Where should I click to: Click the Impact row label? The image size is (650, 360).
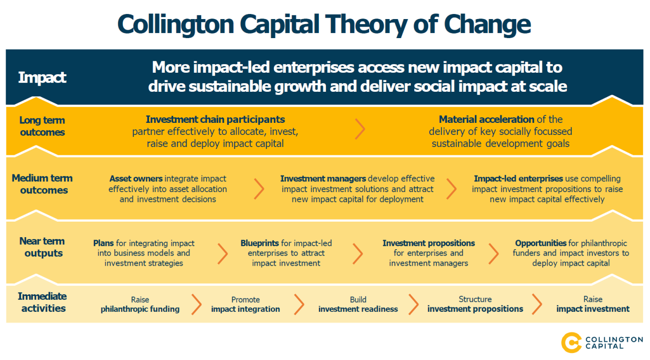click(x=42, y=78)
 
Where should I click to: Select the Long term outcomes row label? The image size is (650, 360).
click(x=42, y=126)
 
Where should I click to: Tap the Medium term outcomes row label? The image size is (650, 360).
click(x=42, y=184)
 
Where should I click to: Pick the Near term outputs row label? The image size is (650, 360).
click(x=42, y=247)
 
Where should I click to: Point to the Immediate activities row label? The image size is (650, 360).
click(x=42, y=302)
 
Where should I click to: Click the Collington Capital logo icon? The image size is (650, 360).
click(x=571, y=342)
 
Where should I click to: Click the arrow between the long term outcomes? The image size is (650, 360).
click(x=360, y=129)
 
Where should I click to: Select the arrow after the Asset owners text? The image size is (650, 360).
click(x=259, y=189)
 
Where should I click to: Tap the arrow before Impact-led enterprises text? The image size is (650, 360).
click(x=451, y=189)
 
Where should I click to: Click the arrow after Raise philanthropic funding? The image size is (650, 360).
click(x=197, y=304)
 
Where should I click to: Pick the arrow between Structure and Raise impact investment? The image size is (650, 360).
click(x=537, y=304)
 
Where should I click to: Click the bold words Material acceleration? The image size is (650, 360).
click(x=486, y=119)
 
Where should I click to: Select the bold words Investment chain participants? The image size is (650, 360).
click(x=215, y=119)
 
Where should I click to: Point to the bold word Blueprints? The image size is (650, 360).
click(x=264, y=243)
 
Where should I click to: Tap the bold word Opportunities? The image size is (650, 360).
click(x=541, y=243)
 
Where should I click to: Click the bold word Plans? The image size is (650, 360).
click(x=103, y=243)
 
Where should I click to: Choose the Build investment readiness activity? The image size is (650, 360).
click(x=358, y=304)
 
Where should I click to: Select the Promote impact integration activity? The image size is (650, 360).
click(x=245, y=304)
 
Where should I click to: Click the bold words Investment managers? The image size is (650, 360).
click(x=323, y=178)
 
